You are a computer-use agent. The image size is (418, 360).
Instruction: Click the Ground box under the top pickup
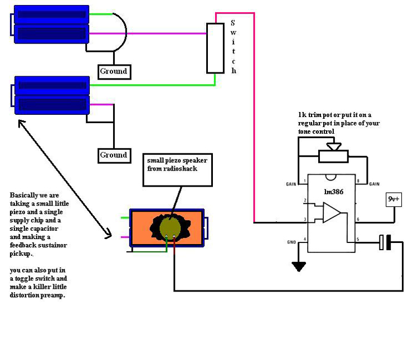(114, 71)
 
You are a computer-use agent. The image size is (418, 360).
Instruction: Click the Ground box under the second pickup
(113, 155)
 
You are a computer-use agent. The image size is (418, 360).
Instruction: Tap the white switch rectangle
(216, 48)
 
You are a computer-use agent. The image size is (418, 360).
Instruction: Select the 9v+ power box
(393, 199)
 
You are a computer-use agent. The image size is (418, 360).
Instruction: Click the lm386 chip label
(333, 191)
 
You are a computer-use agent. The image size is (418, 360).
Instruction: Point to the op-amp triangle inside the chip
(332, 212)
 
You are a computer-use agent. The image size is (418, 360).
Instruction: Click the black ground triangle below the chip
(299, 266)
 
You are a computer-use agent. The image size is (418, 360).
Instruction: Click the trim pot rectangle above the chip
(333, 157)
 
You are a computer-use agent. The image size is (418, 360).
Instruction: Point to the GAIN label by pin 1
(290, 184)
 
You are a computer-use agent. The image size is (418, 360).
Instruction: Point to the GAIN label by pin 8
(374, 184)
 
